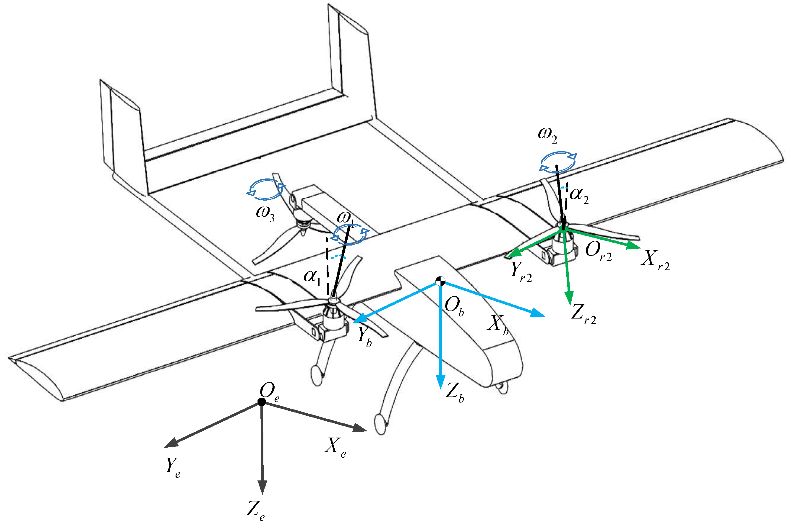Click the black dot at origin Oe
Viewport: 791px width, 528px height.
click(261, 402)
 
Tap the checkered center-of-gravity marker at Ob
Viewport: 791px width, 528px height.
click(440, 281)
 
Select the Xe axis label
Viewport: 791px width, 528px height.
click(335, 447)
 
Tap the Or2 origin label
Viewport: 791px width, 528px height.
click(598, 251)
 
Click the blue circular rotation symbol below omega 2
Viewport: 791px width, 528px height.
click(558, 163)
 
